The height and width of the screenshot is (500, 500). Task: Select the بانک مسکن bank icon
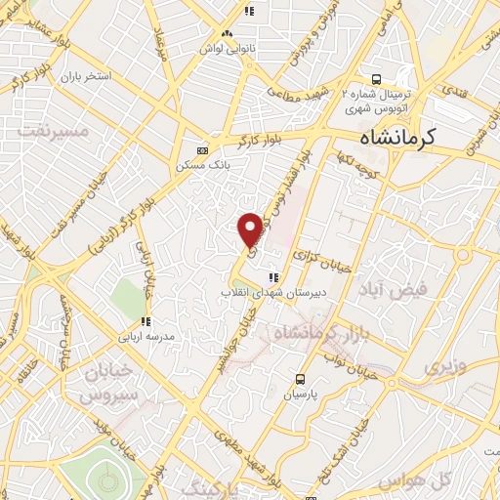pos(202,150)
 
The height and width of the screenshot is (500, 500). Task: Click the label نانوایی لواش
pos(221,47)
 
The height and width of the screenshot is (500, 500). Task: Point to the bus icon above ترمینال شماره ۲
pos(375,79)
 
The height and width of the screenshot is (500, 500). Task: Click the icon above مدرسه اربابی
pos(146,321)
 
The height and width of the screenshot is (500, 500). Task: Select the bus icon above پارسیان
pos(301,379)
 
